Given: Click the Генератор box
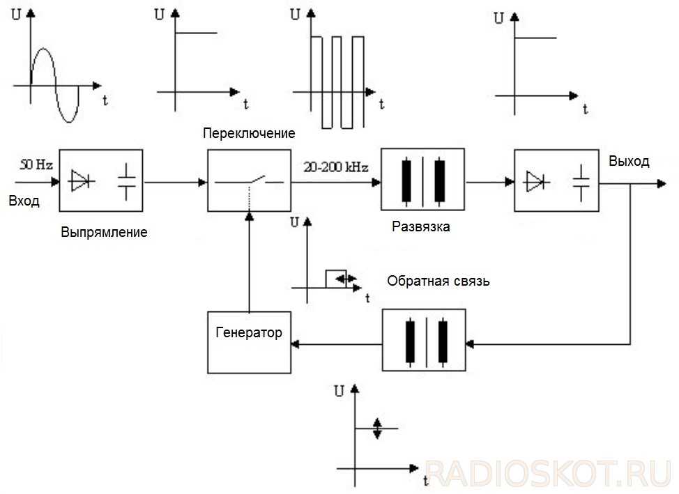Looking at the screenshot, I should (x=249, y=341).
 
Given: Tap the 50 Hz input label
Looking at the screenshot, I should (x=36, y=165).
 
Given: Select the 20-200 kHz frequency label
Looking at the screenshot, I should (x=336, y=167).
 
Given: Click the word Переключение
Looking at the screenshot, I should (x=249, y=133).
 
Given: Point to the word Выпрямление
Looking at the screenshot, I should (x=104, y=232).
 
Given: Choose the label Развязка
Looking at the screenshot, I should (x=421, y=226).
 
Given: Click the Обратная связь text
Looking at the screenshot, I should (x=438, y=281).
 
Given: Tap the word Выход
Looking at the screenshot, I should (x=628, y=162).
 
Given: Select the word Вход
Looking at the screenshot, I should (x=24, y=201).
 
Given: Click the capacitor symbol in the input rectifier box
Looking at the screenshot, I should (x=126, y=181).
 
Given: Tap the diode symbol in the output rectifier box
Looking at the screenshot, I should (x=535, y=181).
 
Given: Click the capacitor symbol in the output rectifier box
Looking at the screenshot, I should (x=581, y=181).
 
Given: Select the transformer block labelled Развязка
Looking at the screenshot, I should (x=422, y=180).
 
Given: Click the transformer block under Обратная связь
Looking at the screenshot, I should (x=424, y=341).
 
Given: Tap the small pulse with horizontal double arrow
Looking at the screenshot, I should (x=337, y=277).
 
